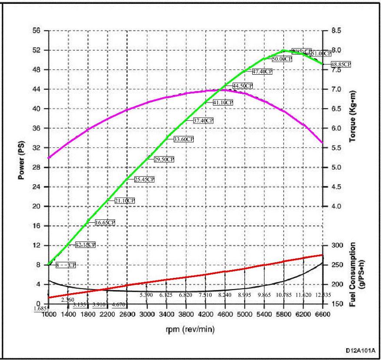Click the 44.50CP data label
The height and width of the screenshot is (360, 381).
[242, 86]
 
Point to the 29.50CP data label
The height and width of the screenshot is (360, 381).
[164, 159]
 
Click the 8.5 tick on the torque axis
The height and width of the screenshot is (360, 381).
[336, 31]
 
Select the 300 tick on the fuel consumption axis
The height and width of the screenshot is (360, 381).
[337, 245]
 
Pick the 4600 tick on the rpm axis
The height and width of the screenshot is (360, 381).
[225, 314]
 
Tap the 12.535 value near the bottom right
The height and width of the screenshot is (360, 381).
[322, 295]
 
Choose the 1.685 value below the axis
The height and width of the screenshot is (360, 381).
[40, 309]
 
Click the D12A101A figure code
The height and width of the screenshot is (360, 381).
[360, 350]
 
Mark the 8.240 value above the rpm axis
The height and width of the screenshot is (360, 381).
[225, 295]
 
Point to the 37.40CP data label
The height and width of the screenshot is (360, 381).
[203, 121]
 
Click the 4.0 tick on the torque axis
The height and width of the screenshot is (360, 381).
[336, 206]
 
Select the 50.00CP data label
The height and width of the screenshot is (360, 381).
[282, 59]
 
